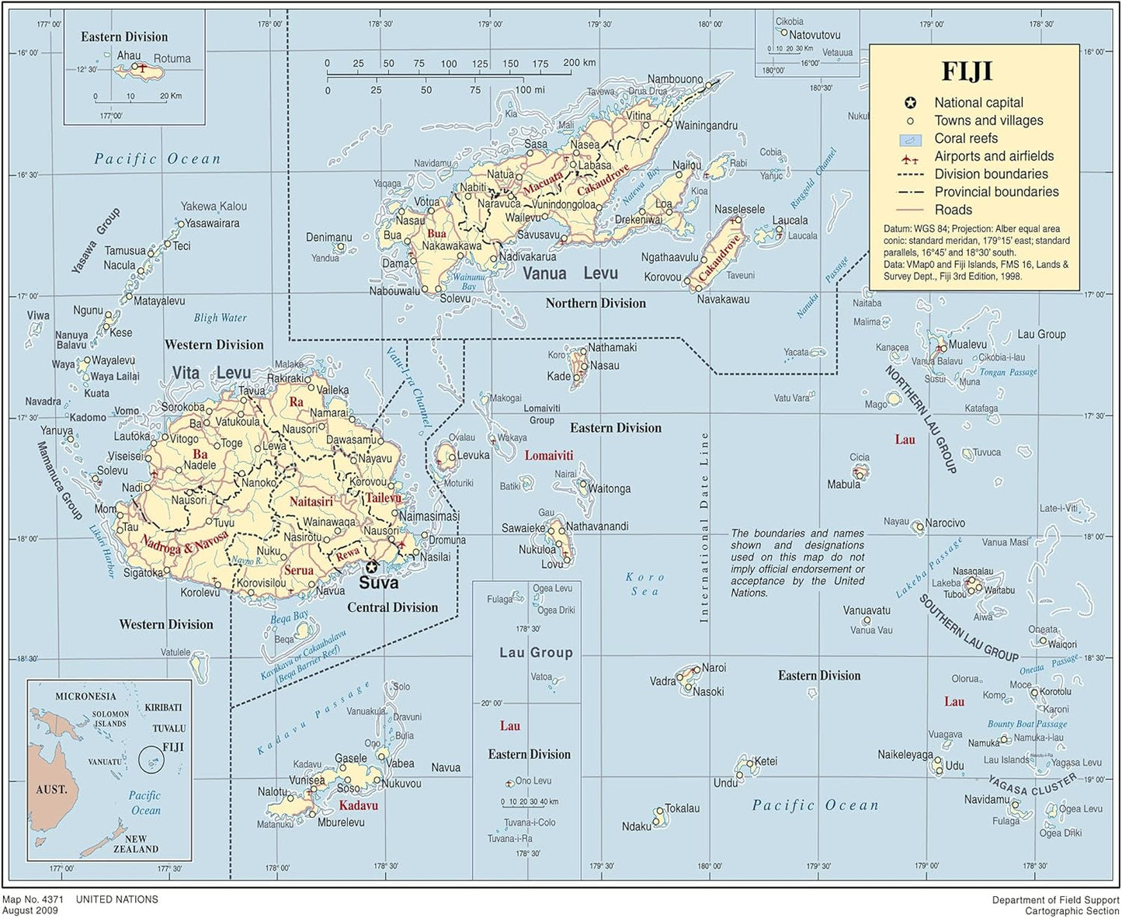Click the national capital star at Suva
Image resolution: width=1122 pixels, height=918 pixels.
pyautogui.click(x=371, y=566)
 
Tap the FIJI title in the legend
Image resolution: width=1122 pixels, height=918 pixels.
pyautogui.click(x=967, y=71)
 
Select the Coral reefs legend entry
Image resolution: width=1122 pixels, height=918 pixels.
pyautogui.click(x=965, y=138)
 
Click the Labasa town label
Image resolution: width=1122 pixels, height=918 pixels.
pyautogui.click(x=595, y=165)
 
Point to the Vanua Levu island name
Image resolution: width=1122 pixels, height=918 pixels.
pyautogui.click(x=570, y=273)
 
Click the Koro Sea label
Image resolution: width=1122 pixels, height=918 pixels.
pyautogui.click(x=645, y=584)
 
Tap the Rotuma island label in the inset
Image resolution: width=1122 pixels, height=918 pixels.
pyautogui.click(x=172, y=58)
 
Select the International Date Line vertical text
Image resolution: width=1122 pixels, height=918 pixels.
pyautogui.click(x=704, y=527)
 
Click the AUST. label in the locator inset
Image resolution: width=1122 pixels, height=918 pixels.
pyautogui.click(x=52, y=789)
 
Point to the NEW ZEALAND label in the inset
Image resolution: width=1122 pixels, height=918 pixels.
pyautogui.click(x=136, y=844)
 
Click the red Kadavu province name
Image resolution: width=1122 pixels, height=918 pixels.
pyautogui.click(x=358, y=805)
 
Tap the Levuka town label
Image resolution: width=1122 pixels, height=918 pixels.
pyautogui.click(x=473, y=455)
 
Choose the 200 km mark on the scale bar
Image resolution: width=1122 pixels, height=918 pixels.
pyautogui.click(x=579, y=63)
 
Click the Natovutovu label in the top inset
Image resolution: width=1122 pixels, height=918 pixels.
pyautogui.click(x=815, y=35)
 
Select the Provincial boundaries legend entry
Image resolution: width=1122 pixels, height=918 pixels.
pyautogui.click(x=996, y=192)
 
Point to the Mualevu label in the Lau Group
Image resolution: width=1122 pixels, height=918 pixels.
pyautogui.click(x=967, y=344)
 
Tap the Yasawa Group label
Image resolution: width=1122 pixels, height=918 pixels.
pyautogui.click(x=96, y=241)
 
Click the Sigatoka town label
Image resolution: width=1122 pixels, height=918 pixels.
pyautogui.click(x=143, y=572)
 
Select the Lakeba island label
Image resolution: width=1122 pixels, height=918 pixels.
pyautogui.click(x=946, y=582)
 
